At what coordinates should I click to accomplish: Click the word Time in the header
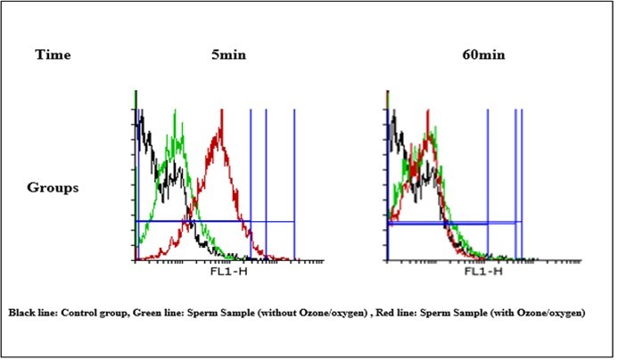click(x=53, y=55)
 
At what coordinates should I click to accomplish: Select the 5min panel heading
click(x=222, y=55)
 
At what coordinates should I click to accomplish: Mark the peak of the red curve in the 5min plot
click(x=218, y=128)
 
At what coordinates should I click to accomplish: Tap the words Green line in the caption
click(x=166, y=315)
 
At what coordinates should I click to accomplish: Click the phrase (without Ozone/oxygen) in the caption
click(x=315, y=315)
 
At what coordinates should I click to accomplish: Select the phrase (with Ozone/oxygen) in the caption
click(x=542, y=315)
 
